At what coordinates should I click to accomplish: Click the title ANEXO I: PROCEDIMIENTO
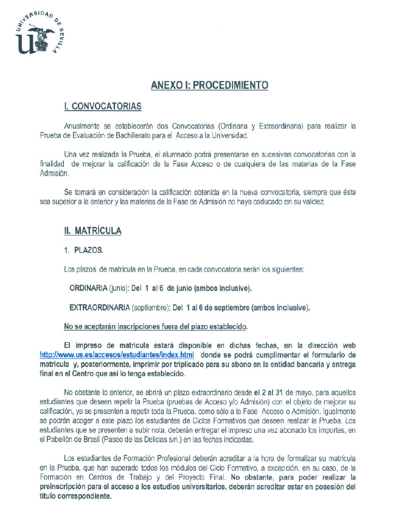pos(209,85)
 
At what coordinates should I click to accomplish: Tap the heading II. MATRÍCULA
pos(92,231)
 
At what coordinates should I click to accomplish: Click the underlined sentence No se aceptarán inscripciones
pos(156,326)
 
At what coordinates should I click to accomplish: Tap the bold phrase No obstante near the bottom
pos(248,477)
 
